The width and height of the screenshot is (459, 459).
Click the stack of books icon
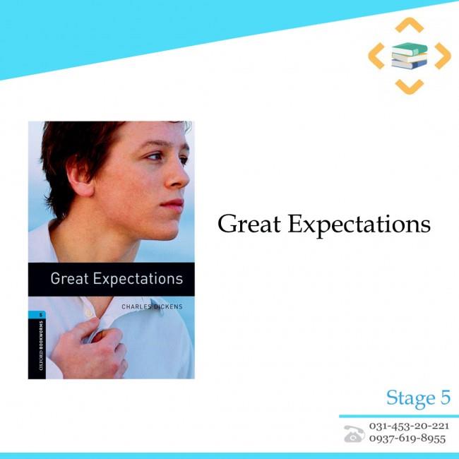[410, 56]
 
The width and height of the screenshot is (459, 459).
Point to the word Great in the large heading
[249, 224]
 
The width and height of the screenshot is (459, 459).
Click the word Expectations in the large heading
[359, 225]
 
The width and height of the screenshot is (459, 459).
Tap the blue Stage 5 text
[418, 398]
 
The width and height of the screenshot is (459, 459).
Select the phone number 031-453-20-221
[409, 426]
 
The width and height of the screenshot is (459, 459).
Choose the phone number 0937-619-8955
[407, 439]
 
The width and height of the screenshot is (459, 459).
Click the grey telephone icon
[354, 434]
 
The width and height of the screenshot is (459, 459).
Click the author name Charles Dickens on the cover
[152, 306]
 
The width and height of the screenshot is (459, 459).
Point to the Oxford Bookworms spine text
[41, 345]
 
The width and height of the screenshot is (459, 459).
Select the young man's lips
[173, 204]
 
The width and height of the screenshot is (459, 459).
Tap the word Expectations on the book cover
[138, 279]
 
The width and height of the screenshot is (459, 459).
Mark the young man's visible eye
[155, 157]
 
